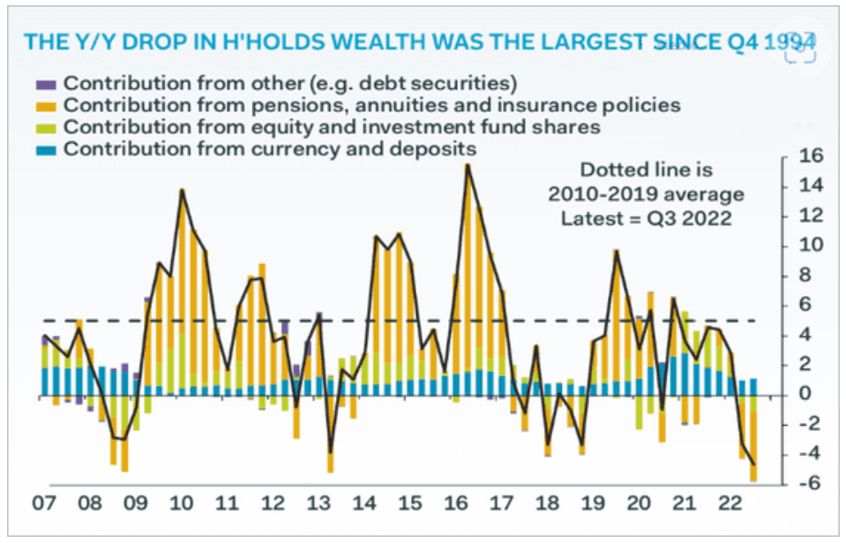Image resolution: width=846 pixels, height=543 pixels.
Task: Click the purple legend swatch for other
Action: [46, 84]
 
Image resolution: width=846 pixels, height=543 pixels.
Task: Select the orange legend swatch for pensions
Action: [46, 105]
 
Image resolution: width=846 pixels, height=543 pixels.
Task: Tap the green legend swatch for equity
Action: [46, 127]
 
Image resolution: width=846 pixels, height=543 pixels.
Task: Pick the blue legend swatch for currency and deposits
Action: [46, 149]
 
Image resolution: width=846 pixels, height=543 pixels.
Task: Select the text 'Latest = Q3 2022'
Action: [647, 217]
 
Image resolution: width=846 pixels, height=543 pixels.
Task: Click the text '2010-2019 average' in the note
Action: [647, 193]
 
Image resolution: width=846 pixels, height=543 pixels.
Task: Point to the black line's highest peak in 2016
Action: [467, 165]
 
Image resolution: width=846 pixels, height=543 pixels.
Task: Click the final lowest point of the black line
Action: [753, 464]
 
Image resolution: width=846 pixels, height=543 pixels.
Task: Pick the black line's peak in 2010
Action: [182, 190]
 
